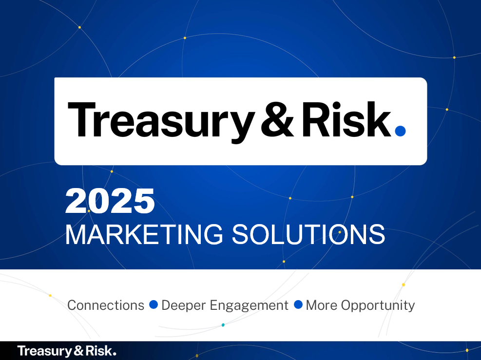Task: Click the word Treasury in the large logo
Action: tap(161, 122)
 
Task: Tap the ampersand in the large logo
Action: tap(277, 119)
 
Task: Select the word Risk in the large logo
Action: tap(346, 119)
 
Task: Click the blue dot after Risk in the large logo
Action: tap(400, 131)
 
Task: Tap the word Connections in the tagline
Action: tap(106, 305)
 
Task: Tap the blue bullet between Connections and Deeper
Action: tap(154, 305)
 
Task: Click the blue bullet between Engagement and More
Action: tap(298, 305)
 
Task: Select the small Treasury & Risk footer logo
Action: tap(67, 351)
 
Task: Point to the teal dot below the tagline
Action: tap(223, 325)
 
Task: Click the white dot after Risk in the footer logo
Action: tap(115, 354)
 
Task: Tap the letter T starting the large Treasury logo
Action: tap(81, 119)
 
